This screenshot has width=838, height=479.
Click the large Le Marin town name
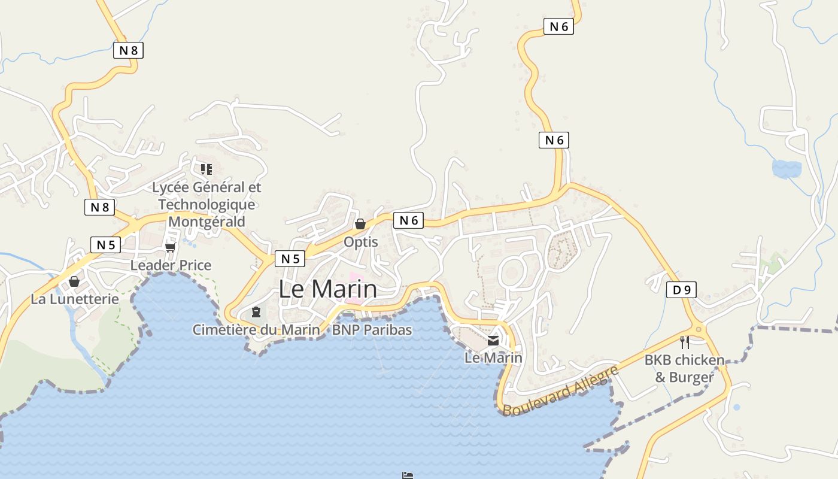pos(328,289)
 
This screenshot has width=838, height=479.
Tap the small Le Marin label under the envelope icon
pos(493,358)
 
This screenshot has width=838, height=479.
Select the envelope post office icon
pos(493,341)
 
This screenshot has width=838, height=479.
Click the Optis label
pos(360,242)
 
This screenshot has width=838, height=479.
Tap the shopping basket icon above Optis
pos(360,224)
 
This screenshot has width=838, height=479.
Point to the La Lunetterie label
pos(75,299)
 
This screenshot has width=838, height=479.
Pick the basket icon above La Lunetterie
pos(74,281)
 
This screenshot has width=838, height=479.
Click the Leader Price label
pos(171,265)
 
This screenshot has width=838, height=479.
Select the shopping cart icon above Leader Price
pos(171,247)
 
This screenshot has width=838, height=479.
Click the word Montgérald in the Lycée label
pos(207,222)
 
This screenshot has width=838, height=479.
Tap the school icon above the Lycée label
pos(207,169)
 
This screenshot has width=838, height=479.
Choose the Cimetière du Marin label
pos(256,329)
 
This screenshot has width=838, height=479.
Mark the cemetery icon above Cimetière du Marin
pos(256,312)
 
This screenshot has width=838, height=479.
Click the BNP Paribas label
pos(372,329)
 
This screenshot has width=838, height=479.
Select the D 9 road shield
pos(681,290)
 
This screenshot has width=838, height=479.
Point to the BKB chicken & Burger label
pos(684,369)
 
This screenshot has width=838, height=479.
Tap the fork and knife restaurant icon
pos(685,342)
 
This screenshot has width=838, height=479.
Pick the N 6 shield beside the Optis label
pos(408,220)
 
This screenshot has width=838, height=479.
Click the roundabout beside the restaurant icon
pos(699,329)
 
